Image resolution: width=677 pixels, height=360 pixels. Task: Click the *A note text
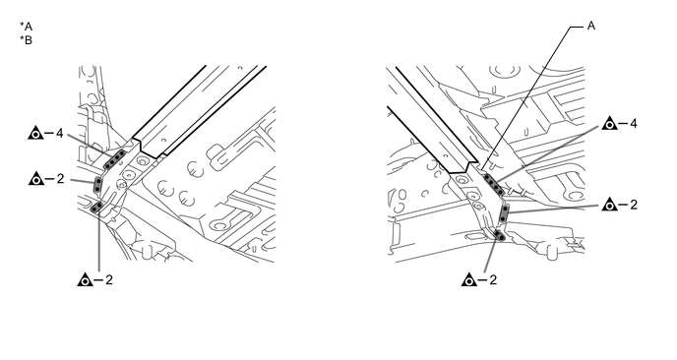click(26, 27)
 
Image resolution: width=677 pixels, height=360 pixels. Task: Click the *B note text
click(26, 40)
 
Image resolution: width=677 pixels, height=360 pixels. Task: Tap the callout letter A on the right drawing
click(591, 26)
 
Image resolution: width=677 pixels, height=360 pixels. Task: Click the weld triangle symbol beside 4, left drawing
click(35, 133)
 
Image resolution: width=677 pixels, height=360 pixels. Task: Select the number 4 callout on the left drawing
click(60, 134)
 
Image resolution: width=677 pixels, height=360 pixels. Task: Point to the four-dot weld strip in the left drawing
click(114, 159)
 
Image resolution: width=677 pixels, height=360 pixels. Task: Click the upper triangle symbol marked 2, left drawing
click(36, 178)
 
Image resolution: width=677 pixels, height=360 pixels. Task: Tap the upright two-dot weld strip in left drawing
click(98, 185)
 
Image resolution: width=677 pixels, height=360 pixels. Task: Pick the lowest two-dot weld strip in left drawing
click(97, 208)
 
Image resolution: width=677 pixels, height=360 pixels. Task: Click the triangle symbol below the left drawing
click(85, 279)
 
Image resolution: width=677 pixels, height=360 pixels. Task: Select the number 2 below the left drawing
click(109, 279)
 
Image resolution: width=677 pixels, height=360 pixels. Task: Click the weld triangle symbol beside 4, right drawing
click(610, 123)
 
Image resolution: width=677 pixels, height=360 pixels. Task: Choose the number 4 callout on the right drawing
click(634, 124)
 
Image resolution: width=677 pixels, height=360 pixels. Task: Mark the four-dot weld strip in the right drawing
click(494, 184)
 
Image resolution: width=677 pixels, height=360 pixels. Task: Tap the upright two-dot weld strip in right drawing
click(504, 214)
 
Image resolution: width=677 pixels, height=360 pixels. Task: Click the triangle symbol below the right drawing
click(469, 279)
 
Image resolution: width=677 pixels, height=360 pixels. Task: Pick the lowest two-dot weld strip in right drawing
click(500, 236)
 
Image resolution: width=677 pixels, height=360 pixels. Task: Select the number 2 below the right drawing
click(493, 279)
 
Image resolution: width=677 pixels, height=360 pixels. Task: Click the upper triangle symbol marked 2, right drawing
click(610, 205)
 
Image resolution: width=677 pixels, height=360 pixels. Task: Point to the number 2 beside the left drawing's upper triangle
click(60, 178)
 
